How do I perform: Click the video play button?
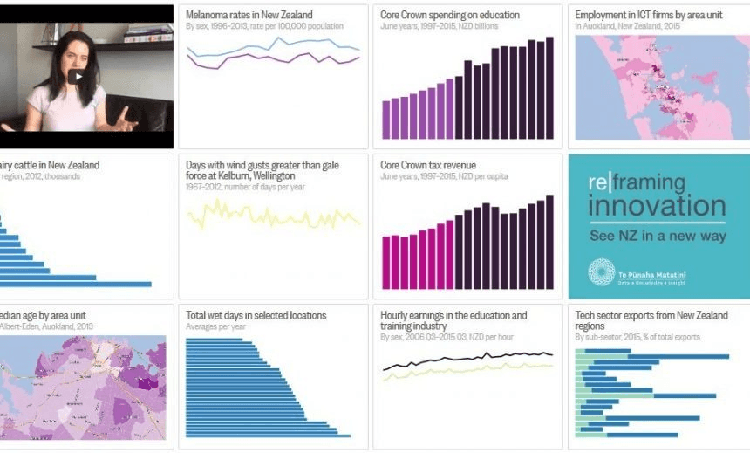point(78,77)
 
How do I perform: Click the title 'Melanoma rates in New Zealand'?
point(249,15)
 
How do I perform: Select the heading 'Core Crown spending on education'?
point(450,15)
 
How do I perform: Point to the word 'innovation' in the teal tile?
point(656,207)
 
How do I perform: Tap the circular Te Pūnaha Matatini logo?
point(601,272)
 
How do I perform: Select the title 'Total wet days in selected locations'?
point(256,315)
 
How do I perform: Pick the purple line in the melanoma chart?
point(262,62)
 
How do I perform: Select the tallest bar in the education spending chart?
point(549,87)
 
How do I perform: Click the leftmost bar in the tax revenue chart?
point(386,262)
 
